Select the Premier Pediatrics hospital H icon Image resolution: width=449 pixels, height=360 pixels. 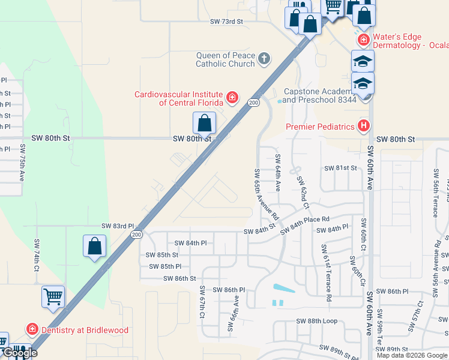click(x=363, y=126)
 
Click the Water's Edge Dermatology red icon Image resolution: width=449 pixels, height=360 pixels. click(x=363, y=40)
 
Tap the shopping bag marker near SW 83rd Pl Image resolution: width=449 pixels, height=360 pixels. click(x=94, y=246)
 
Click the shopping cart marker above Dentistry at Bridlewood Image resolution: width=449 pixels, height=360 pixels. click(x=53, y=296)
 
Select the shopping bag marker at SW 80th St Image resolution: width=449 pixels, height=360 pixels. click(x=205, y=123)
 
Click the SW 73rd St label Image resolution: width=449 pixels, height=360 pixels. click(x=226, y=21)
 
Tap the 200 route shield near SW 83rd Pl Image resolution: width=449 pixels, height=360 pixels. click(x=136, y=235)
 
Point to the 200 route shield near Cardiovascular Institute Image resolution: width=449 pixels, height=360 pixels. click(x=254, y=103)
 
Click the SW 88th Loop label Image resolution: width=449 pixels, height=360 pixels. click(x=316, y=321)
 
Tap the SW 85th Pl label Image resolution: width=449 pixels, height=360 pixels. click(x=165, y=266)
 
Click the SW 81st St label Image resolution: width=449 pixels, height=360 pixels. click(x=340, y=168)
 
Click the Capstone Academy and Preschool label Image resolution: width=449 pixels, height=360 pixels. click(x=319, y=95)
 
